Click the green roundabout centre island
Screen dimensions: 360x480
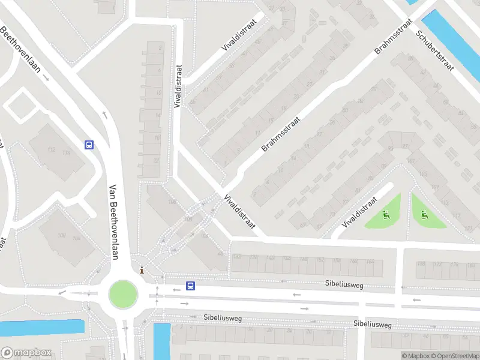(123, 294)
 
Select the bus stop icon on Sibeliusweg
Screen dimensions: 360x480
(190, 286)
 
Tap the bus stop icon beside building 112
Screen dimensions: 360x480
(89, 145)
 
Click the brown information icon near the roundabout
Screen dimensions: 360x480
(142, 270)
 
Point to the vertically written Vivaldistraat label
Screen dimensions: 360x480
(178, 86)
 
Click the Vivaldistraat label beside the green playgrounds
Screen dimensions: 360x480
(358, 212)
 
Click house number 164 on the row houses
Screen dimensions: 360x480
(370, 262)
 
